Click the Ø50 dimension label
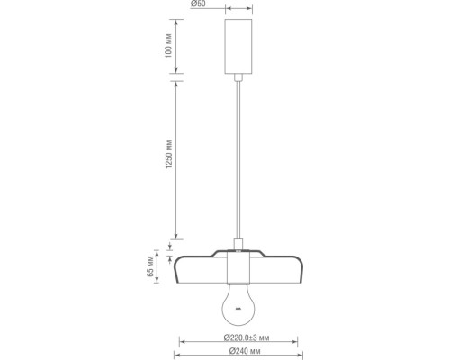click(x=200, y=4)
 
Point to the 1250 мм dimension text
click(x=170, y=161)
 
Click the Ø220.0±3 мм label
click(x=238, y=338)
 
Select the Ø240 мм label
click(x=238, y=351)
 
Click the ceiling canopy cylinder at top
click(x=238, y=44)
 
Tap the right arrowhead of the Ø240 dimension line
click(x=301, y=351)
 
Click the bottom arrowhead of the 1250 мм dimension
click(x=175, y=242)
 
